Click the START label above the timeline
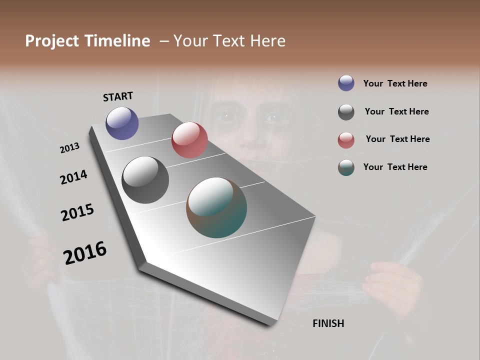tap(118, 96)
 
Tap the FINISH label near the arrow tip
tap(328, 323)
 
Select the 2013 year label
tap(69, 148)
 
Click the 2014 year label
tap(73, 177)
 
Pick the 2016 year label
tap(85, 252)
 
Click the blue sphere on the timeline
tap(122, 123)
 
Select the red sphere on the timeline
tap(189, 140)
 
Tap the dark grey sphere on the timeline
tap(145, 180)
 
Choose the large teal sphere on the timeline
tap(216, 207)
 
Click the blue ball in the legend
tap(346, 83)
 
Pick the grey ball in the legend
tap(346, 112)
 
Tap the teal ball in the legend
tap(346, 168)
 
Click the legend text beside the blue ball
tap(395, 83)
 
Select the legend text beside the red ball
tap(397, 139)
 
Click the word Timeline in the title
tap(117, 41)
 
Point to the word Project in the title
tap(52, 41)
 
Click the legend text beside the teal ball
tap(395, 167)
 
